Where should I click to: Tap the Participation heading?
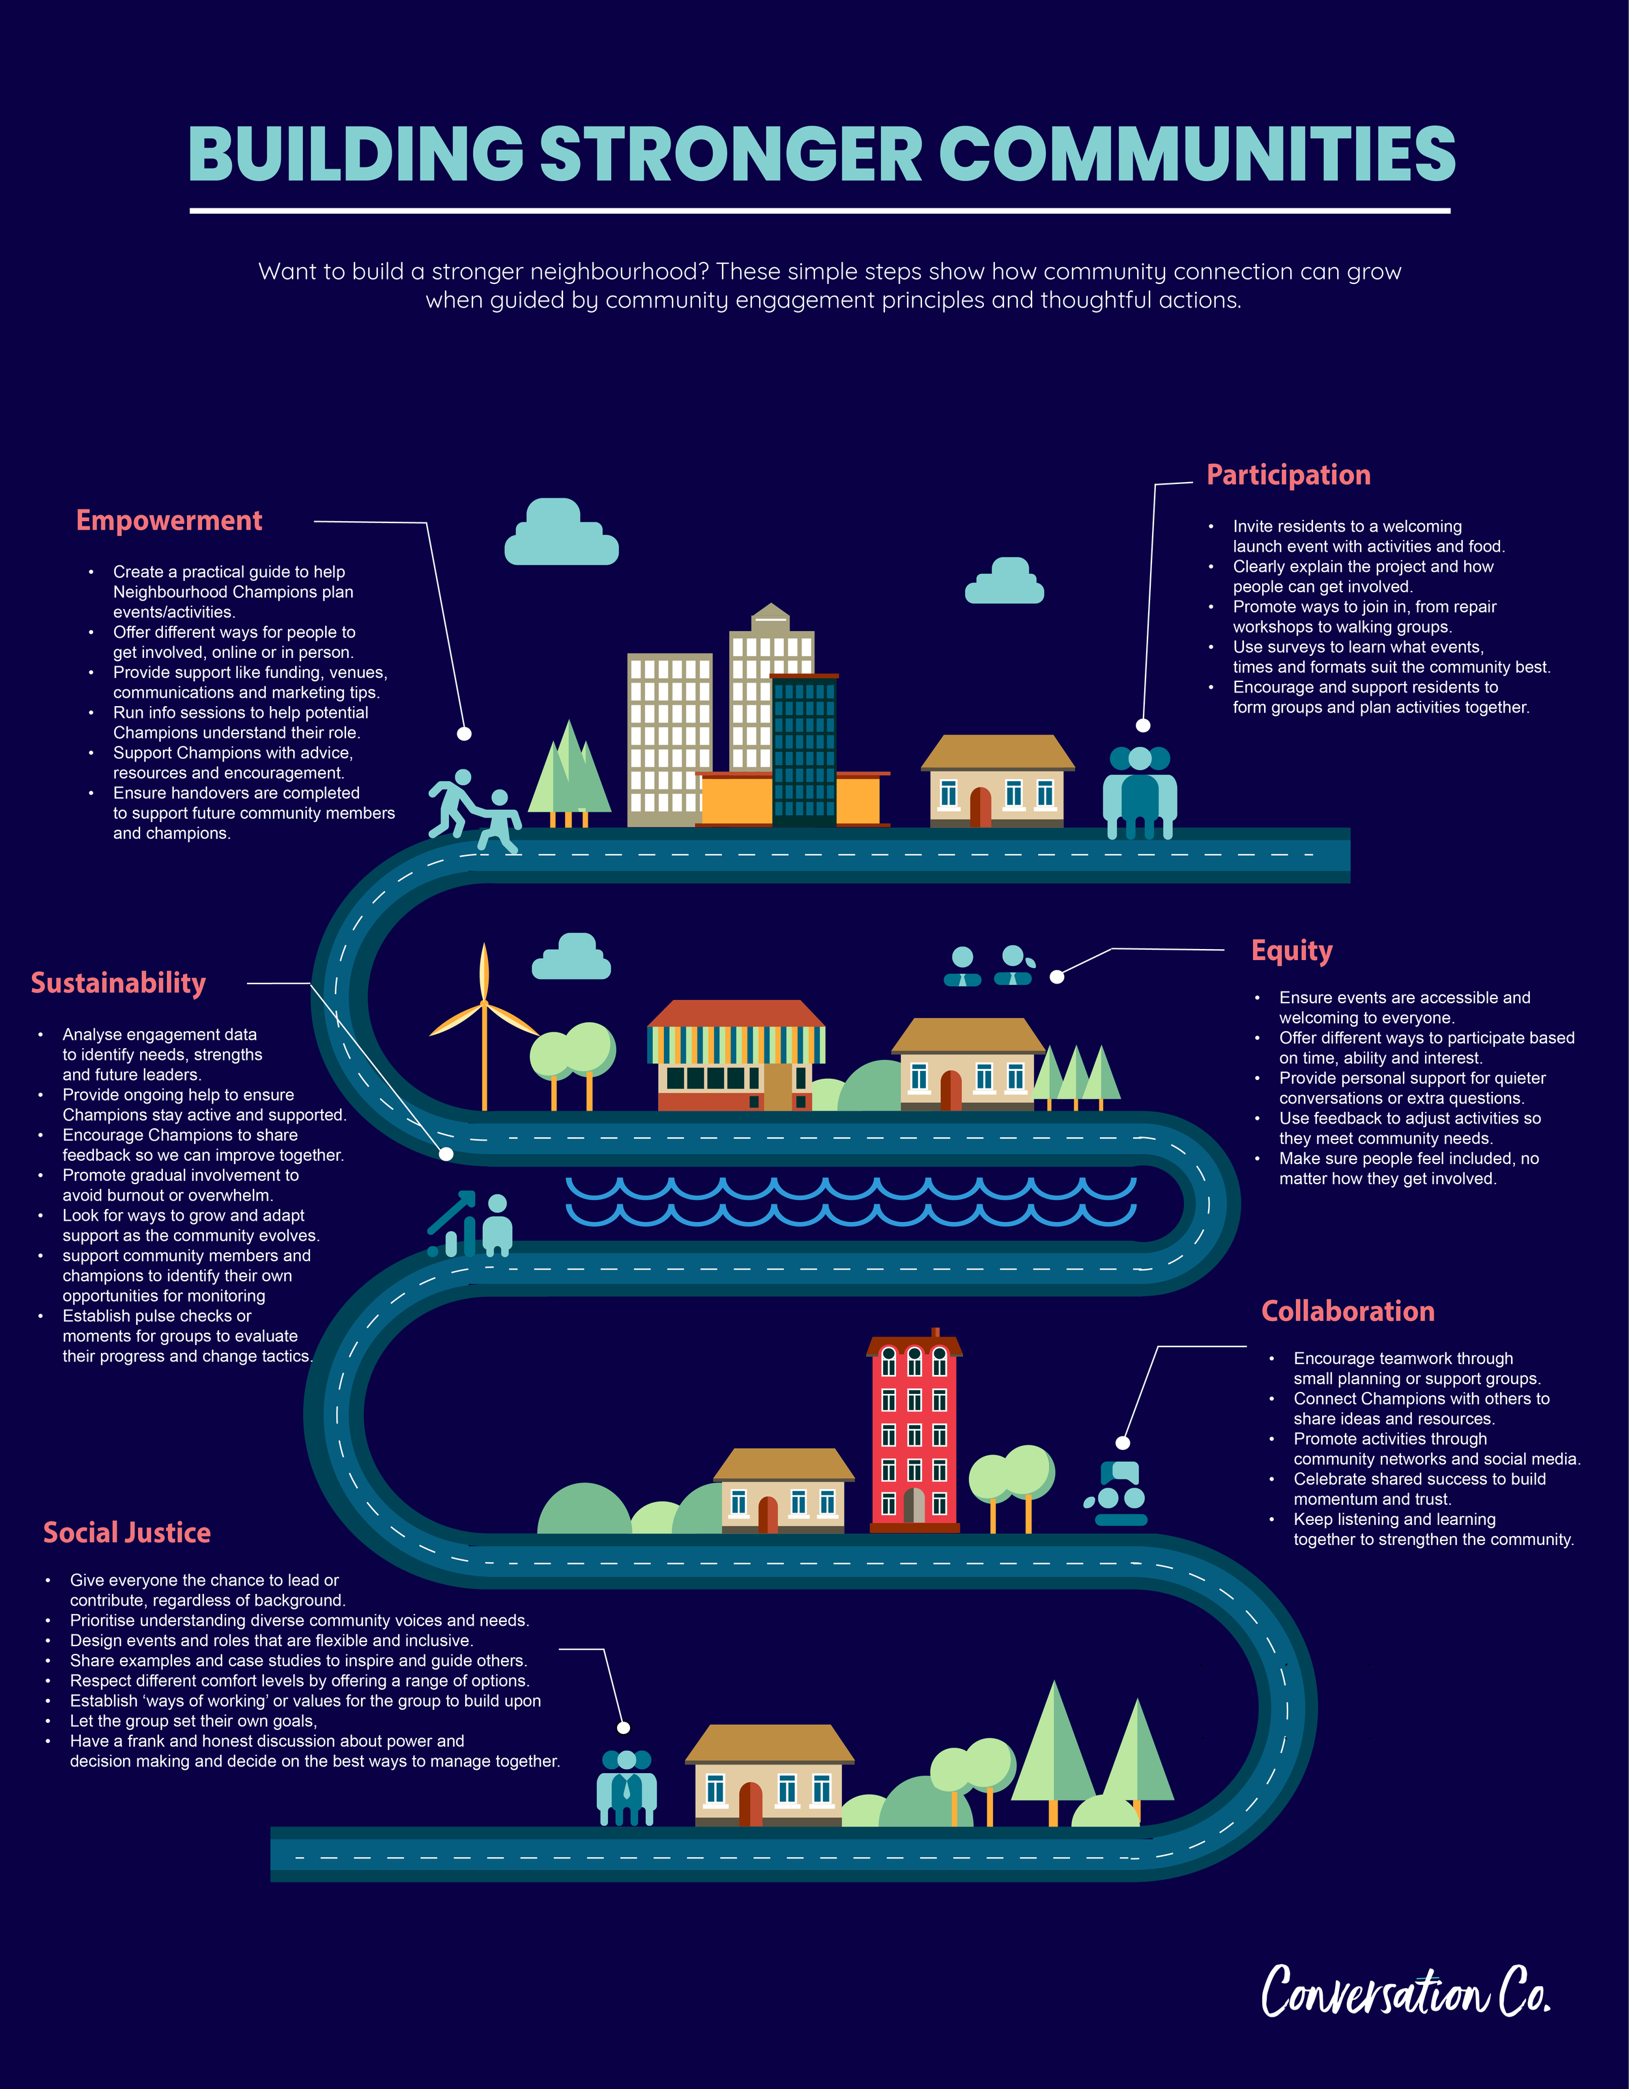[x=1288, y=476]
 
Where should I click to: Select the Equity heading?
[x=1291, y=951]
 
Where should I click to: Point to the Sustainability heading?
[x=119, y=984]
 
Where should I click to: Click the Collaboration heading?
[x=1347, y=1311]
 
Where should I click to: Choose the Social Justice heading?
[x=127, y=1533]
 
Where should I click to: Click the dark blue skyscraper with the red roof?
[x=803, y=751]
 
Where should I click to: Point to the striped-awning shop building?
[x=736, y=1057]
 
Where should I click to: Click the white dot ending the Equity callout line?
[x=1057, y=976]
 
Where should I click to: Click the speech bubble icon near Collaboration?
[x=1119, y=1473]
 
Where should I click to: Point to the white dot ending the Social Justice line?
[x=624, y=1727]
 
